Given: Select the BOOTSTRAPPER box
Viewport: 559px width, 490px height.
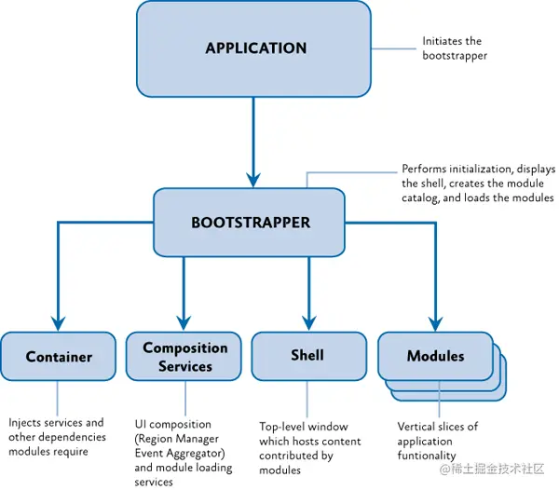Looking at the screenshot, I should click(250, 224).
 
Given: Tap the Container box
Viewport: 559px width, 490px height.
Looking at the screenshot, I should click(58, 356).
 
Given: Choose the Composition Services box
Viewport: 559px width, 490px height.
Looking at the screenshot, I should click(184, 357).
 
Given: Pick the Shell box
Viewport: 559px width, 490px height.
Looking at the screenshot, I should click(307, 355).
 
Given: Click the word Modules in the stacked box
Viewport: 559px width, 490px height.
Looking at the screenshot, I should click(435, 356).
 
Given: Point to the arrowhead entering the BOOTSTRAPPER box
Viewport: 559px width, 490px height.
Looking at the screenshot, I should click(252, 177).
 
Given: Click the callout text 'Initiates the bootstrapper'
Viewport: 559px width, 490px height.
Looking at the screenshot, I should click(454, 48).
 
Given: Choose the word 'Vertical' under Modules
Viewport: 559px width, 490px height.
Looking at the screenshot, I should click(418, 427).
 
